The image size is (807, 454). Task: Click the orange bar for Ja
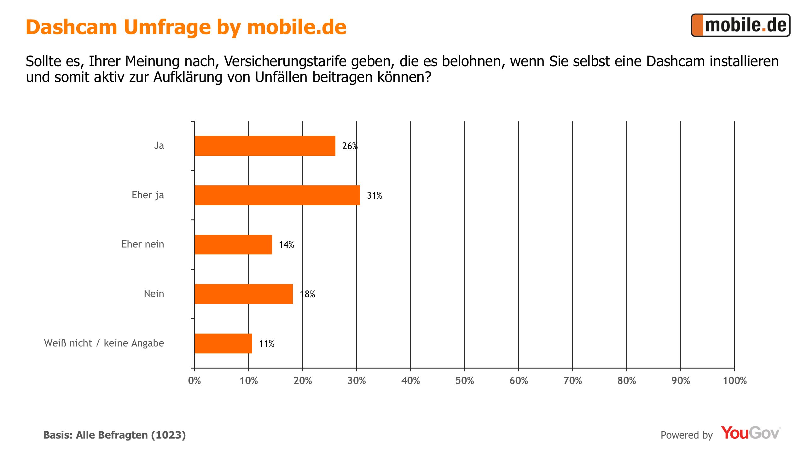pos(265,146)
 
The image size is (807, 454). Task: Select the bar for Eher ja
pos(277,195)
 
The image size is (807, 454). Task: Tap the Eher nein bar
pos(233,244)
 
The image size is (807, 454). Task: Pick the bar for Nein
pos(244,294)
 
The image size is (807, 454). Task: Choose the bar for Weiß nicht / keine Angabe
pos(223,343)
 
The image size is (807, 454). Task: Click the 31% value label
pos(374,195)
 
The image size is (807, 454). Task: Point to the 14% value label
pos(286,245)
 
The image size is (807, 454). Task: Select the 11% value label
pos(266,344)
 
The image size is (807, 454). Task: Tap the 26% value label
pos(350,146)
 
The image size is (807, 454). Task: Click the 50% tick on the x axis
pos(465,381)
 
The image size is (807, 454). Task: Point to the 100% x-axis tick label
pos(734,381)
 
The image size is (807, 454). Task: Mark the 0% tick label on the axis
pos(194,381)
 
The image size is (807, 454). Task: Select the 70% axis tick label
pos(572,381)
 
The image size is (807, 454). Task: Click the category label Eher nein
pos(143,244)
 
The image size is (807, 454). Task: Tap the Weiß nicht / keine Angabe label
pos(104,343)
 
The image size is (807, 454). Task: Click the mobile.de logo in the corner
pos(740,25)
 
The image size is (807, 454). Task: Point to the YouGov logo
pos(750,433)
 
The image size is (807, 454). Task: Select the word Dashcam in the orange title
pos(71,27)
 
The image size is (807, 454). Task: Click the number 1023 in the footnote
pos(168,435)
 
